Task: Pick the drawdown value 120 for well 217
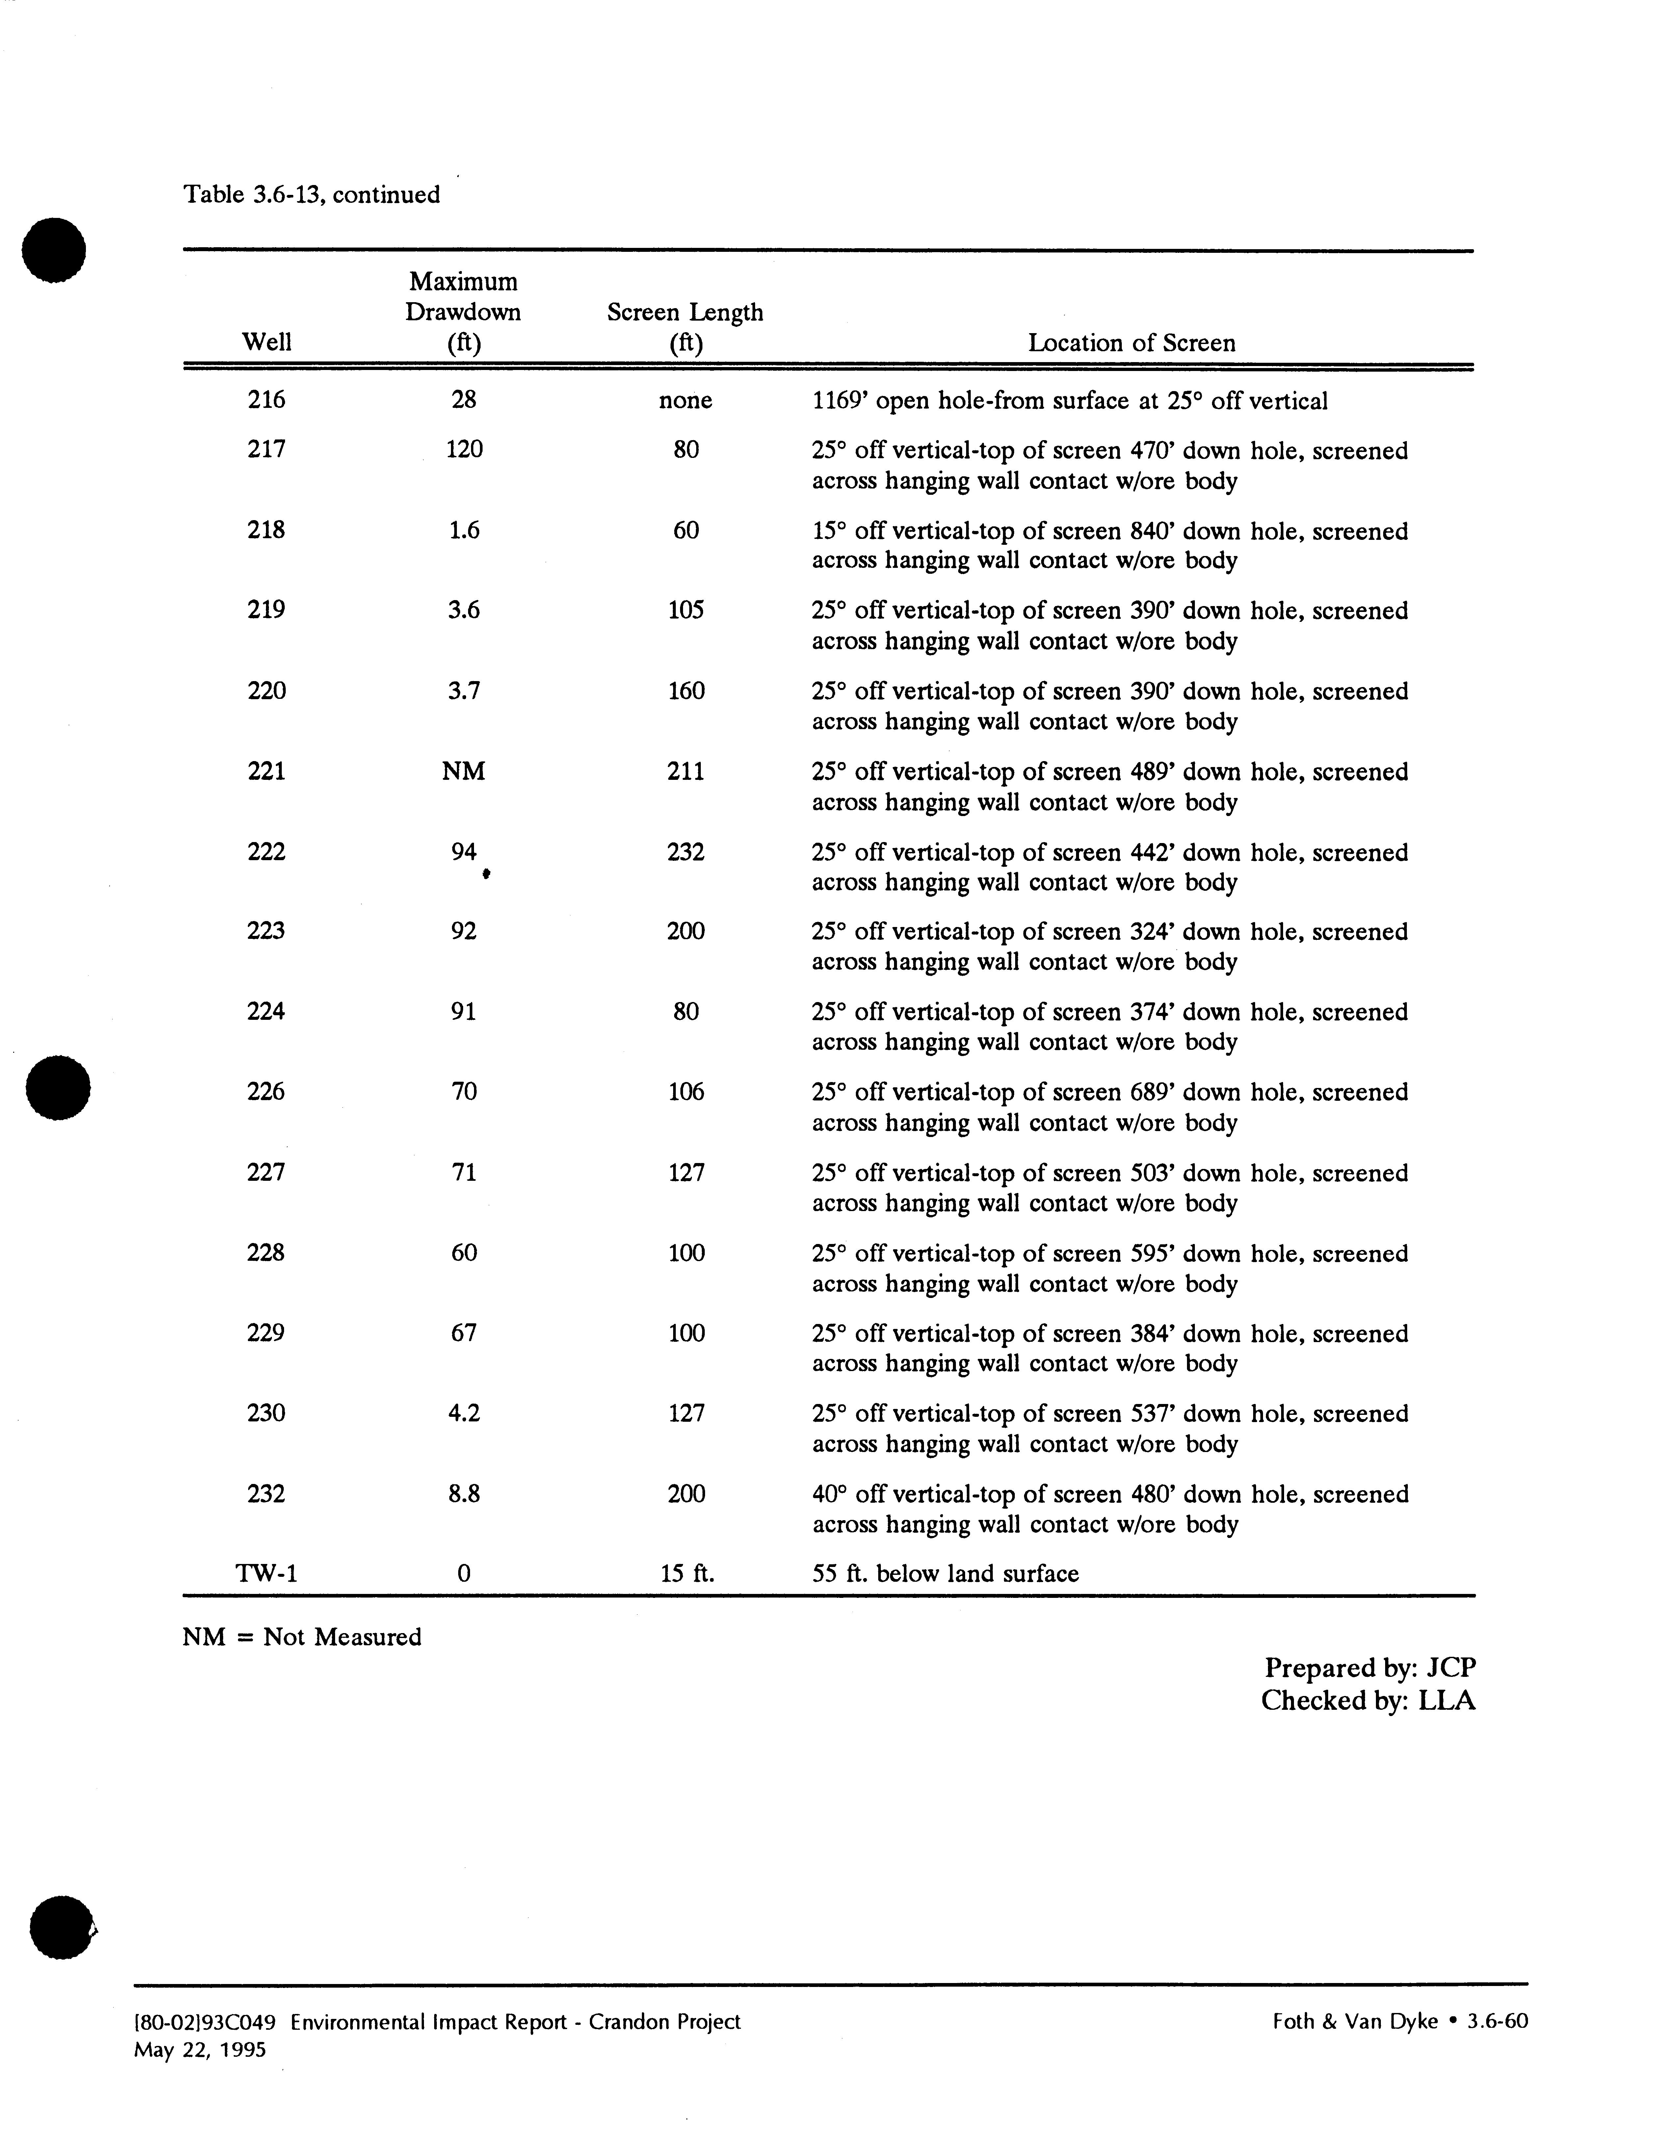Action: click(x=464, y=449)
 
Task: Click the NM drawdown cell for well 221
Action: click(x=463, y=771)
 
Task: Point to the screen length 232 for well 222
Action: click(x=686, y=852)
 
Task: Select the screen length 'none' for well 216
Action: click(x=686, y=400)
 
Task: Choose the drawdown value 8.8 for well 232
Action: click(x=464, y=1494)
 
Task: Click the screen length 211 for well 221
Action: click(x=686, y=771)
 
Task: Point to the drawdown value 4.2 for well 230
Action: click(x=464, y=1413)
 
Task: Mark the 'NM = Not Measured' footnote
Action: click(x=302, y=1638)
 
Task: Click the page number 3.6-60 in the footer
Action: click(x=1497, y=2021)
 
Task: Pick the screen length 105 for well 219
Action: click(x=686, y=610)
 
